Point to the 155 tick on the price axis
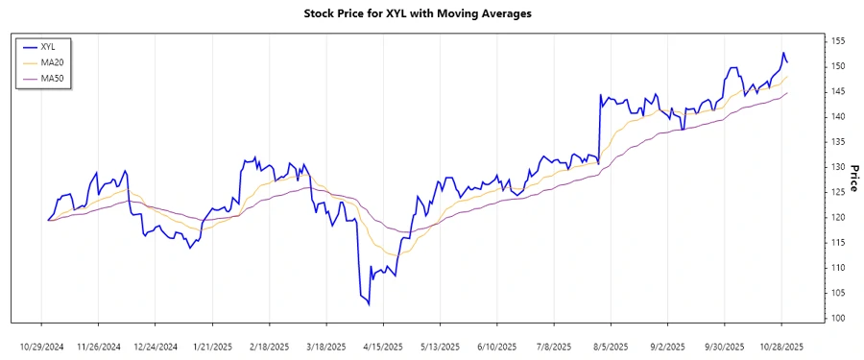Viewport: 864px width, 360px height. [838, 41]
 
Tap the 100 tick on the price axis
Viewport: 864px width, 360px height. [838, 318]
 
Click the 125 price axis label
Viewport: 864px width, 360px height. [838, 192]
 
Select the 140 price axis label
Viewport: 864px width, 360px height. [838, 116]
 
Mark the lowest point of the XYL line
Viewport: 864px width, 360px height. [370, 305]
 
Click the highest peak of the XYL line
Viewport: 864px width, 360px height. [783, 53]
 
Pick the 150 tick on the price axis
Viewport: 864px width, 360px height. [838, 66]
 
